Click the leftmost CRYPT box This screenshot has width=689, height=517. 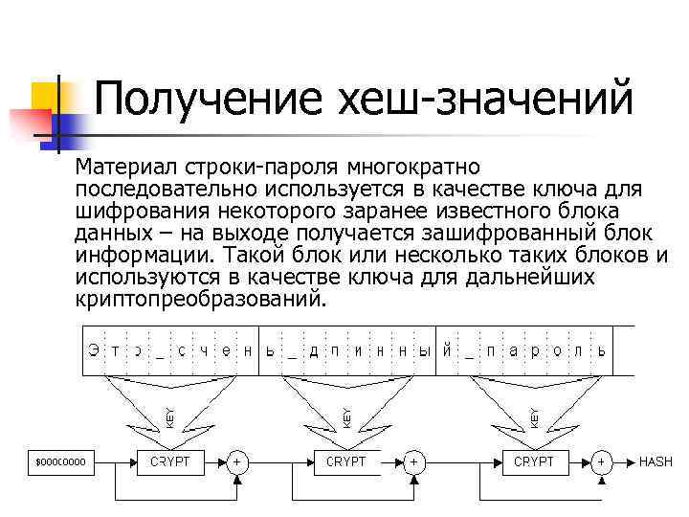coord(171,462)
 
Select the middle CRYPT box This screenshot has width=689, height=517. coord(347,462)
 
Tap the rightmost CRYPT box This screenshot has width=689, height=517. coord(535,462)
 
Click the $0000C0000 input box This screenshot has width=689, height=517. coord(61,462)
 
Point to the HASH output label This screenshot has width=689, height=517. coord(656,462)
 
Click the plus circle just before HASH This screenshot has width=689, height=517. coord(602,462)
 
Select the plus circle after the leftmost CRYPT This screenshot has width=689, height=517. coord(236,462)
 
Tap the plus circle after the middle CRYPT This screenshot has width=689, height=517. coord(413,462)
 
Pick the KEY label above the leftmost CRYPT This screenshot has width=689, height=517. coord(170,417)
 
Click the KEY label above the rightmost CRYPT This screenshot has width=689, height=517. coord(534,417)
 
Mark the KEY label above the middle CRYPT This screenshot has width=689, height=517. coord(346,417)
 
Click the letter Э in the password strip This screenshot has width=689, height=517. coord(93,350)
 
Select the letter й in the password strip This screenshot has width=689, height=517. coord(446,350)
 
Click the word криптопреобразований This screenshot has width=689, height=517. coord(200,299)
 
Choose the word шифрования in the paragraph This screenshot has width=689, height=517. coord(128,211)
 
